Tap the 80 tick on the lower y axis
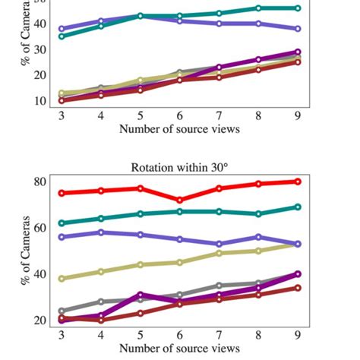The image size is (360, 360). [39, 182]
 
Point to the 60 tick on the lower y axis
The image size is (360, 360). [39, 227]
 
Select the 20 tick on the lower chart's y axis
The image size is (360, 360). [39, 320]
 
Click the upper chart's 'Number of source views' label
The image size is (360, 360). [179, 129]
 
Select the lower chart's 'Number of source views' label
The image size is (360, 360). [179, 349]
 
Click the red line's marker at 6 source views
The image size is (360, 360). [179, 201]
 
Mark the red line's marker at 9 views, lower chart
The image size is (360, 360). [298, 182]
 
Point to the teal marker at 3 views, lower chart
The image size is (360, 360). [62, 223]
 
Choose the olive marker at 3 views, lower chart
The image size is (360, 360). [62, 279]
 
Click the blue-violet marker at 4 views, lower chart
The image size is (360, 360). [101, 232]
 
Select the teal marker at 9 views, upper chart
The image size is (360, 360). [298, 8]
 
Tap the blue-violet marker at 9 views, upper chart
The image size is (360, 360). [298, 29]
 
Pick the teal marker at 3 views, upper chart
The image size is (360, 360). [62, 36]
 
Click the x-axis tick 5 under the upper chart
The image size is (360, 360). [141, 115]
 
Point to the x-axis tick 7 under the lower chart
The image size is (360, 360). [219, 335]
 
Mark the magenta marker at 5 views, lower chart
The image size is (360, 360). [141, 295]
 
